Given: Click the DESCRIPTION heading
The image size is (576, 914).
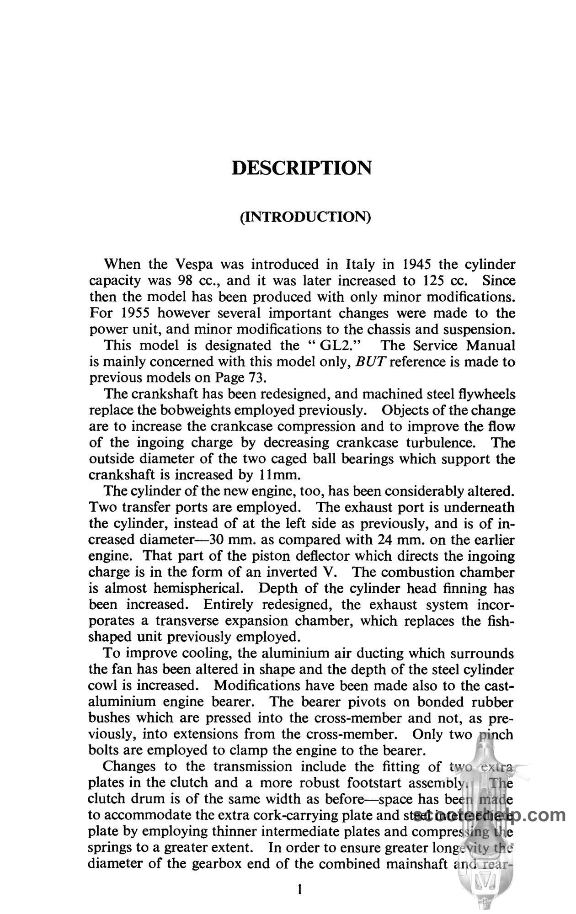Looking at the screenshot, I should [x=302, y=168].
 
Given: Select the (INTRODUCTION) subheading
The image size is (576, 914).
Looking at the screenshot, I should [x=305, y=216].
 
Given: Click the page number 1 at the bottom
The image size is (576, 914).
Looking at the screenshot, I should [x=300, y=889].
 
